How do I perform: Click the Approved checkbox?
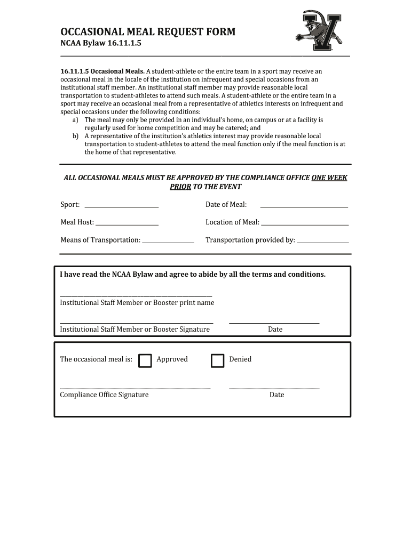[x=145, y=361]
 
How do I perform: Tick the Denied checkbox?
[x=217, y=361]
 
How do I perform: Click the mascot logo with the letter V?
[x=319, y=31]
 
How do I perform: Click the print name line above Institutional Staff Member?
[x=136, y=295]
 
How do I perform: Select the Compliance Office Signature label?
[x=104, y=395]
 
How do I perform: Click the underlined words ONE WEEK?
[x=329, y=178]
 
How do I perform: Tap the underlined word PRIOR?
[x=180, y=187]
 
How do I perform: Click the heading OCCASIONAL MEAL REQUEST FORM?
[x=148, y=32]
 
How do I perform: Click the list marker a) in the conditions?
[x=76, y=120]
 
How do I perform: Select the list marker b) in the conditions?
[x=76, y=136]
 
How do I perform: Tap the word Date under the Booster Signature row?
[x=275, y=329]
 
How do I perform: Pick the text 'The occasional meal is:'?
[x=96, y=359]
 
